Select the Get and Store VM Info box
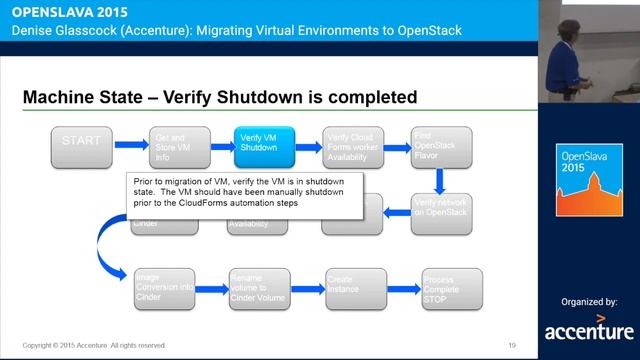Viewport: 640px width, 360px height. pos(176,147)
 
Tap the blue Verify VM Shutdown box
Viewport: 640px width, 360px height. pos(264,147)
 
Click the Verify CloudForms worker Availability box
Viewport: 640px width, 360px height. pos(352,147)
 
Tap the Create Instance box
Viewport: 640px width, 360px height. pos(352,289)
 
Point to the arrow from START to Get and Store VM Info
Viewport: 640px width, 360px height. pos(130,146)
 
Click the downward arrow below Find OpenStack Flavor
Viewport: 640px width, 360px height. pos(440,181)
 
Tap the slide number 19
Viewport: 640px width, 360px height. pos(512,345)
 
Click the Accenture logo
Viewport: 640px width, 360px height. pos(589,328)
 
